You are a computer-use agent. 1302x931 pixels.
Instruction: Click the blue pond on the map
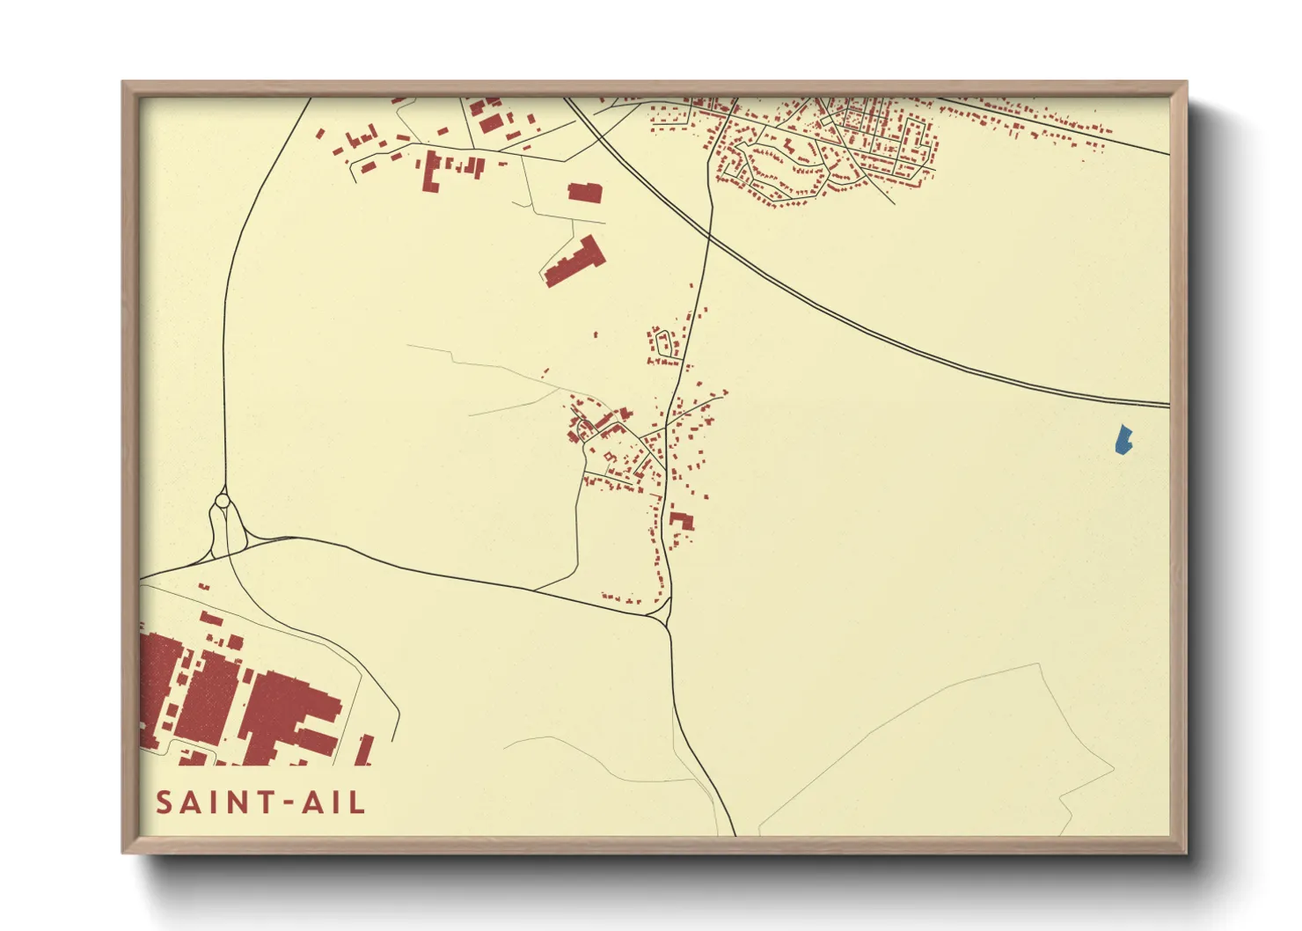point(1123,440)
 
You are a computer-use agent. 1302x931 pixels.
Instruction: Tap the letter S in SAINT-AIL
point(165,803)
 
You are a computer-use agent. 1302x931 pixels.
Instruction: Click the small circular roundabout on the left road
point(223,501)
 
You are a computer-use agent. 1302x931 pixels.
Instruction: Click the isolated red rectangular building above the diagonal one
point(585,193)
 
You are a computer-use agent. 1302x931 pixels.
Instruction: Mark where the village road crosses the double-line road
point(710,231)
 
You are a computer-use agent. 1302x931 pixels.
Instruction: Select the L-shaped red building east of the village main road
point(681,519)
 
